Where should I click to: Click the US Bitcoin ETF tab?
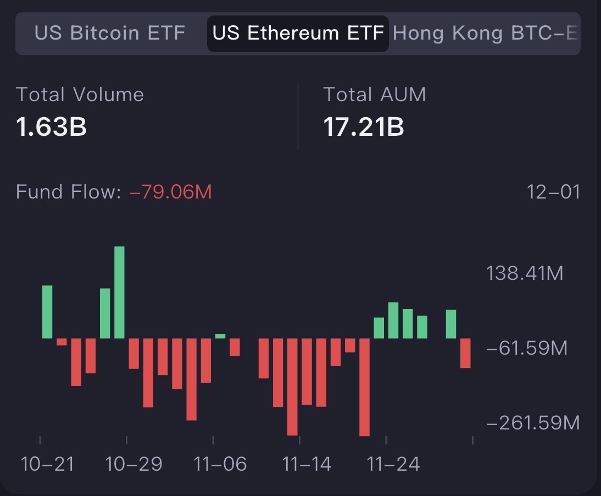pos(109,34)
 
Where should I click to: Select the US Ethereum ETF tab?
pos(298,34)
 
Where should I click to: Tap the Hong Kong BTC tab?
pos(486,34)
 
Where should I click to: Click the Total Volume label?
pos(80,95)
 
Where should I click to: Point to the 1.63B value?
pos(51,127)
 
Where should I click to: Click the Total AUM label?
pos(374,95)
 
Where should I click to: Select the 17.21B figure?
pos(363,127)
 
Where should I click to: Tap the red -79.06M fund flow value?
pos(170,192)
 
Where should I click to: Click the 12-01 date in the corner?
pos(553,192)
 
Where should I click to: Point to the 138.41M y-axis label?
pos(525,273)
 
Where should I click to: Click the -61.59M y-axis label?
pos(526,348)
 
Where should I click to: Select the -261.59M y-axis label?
pos(533,423)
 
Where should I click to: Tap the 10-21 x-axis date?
pos(47,464)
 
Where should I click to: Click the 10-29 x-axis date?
pos(134,464)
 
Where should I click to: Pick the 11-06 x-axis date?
pos(220,464)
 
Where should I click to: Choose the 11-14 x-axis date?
pos(307,464)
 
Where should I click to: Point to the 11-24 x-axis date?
pos(393,464)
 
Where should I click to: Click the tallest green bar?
pos(119,293)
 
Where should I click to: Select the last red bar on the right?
pos(465,353)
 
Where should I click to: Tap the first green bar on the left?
pos(47,312)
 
